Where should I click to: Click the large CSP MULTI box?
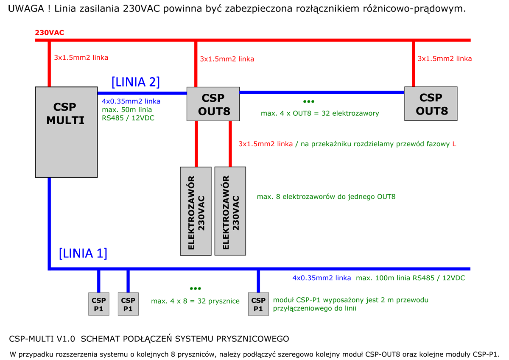click(x=66, y=132)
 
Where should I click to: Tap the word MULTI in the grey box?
click(x=65, y=120)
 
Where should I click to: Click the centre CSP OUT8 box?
click(x=213, y=104)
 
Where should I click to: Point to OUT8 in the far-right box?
click(x=431, y=111)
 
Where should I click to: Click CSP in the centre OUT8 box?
click(x=213, y=98)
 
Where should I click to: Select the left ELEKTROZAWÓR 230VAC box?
click(x=196, y=211)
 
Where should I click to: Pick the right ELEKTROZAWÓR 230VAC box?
click(x=230, y=211)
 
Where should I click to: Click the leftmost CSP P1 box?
click(x=98, y=304)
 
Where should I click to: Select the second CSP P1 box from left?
click(x=128, y=304)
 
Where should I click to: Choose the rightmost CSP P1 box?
click(x=258, y=304)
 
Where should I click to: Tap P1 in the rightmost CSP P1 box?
click(x=258, y=309)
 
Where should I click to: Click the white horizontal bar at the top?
click(x=144, y=32)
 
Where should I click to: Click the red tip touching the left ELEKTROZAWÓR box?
click(x=196, y=163)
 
